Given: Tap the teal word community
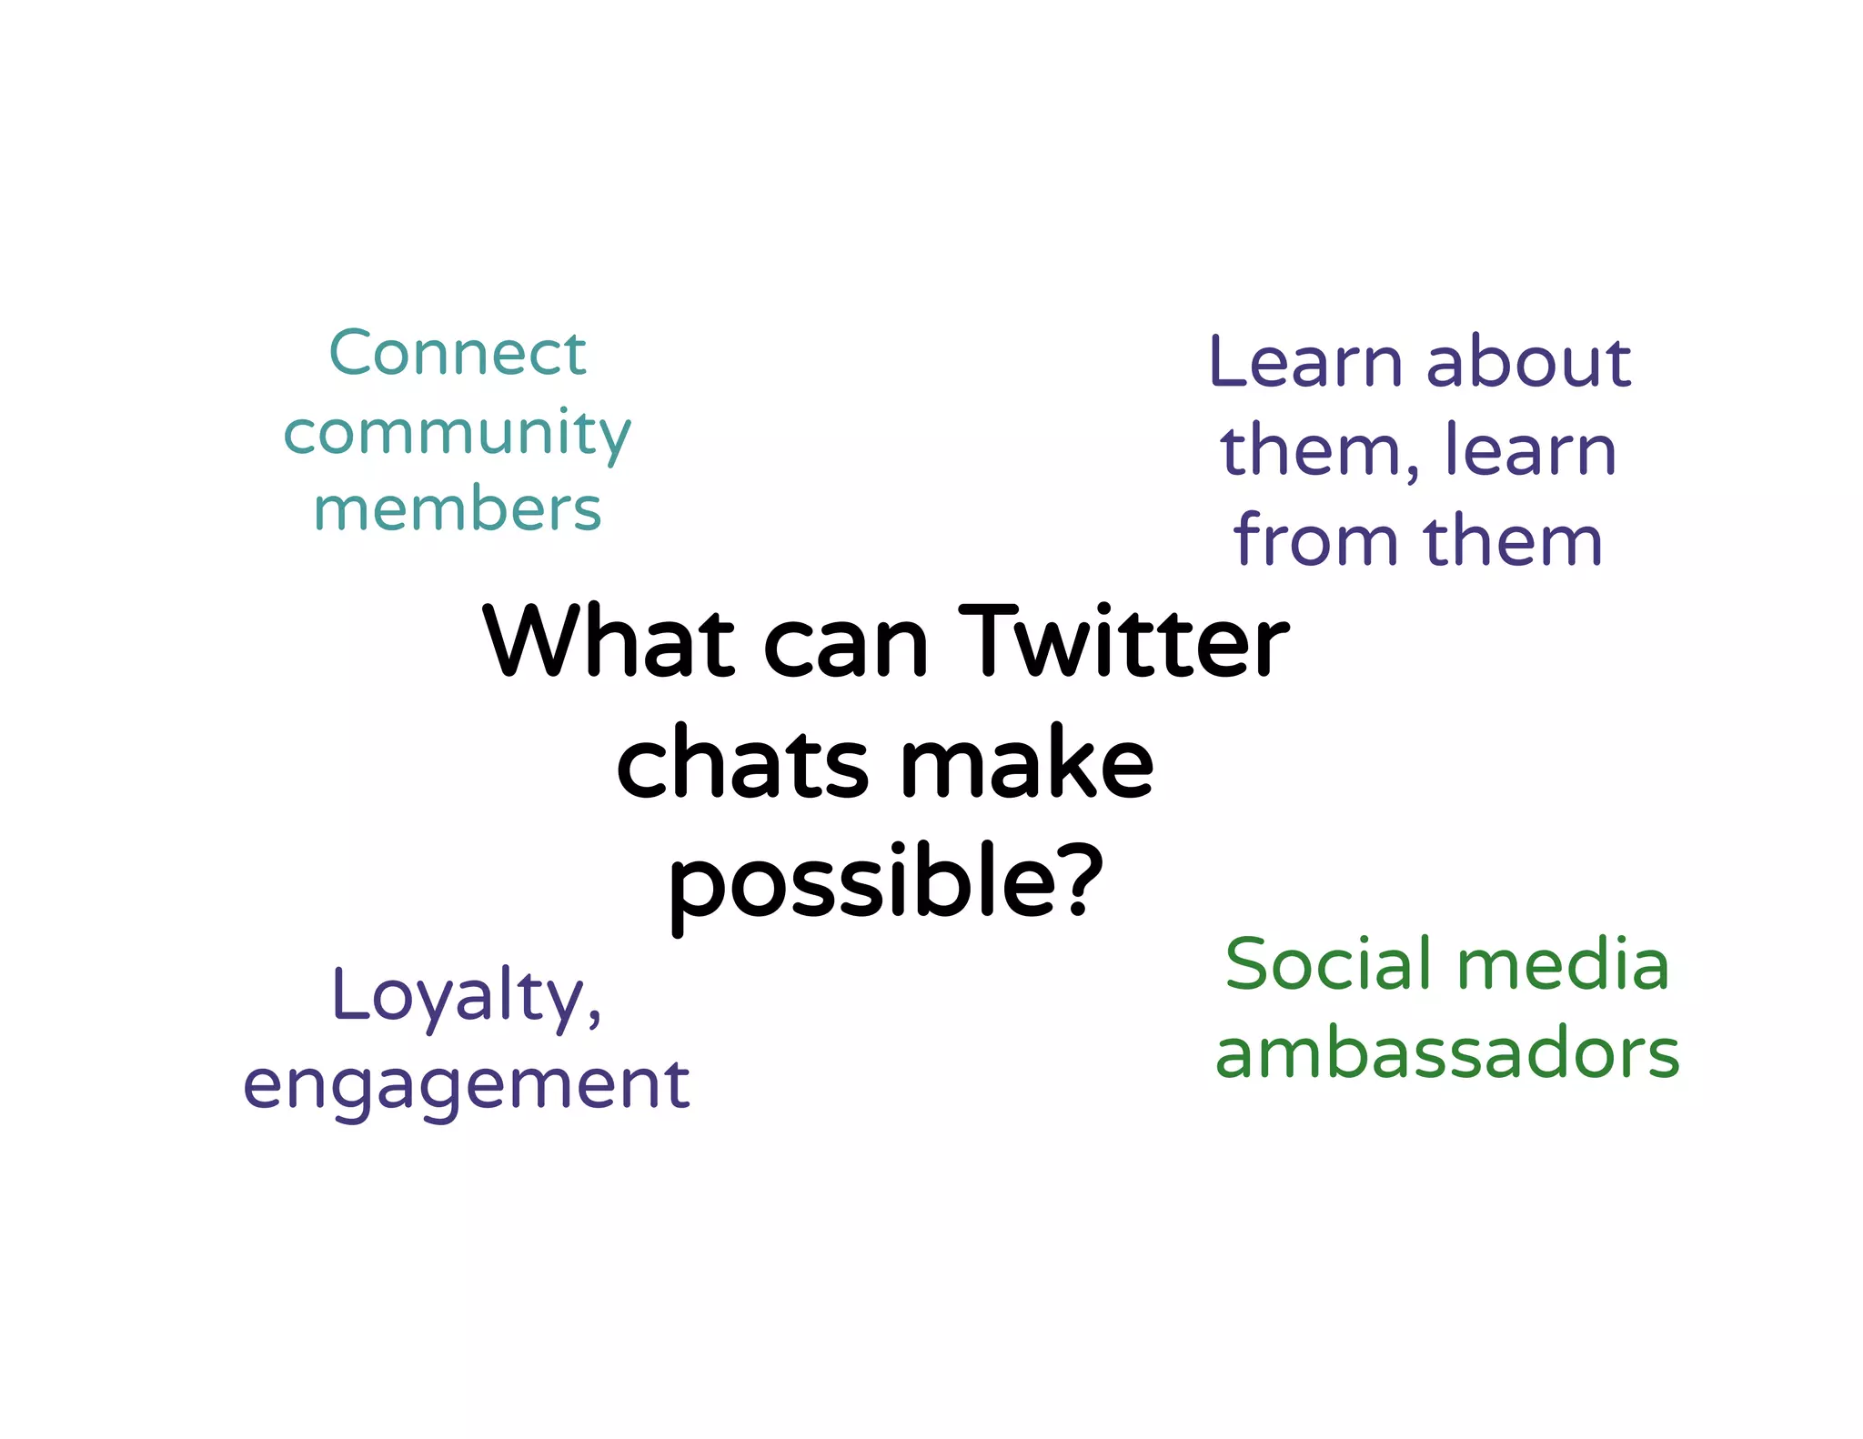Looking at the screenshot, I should (x=457, y=433).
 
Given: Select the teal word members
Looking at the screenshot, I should (x=457, y=508).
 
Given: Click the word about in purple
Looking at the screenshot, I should (x=1529, y=362).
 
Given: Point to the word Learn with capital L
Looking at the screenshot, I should (x=1306, y=362).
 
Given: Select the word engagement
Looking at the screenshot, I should (x=467, y=1085).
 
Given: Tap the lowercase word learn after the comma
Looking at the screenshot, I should (x=1530, y=450).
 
